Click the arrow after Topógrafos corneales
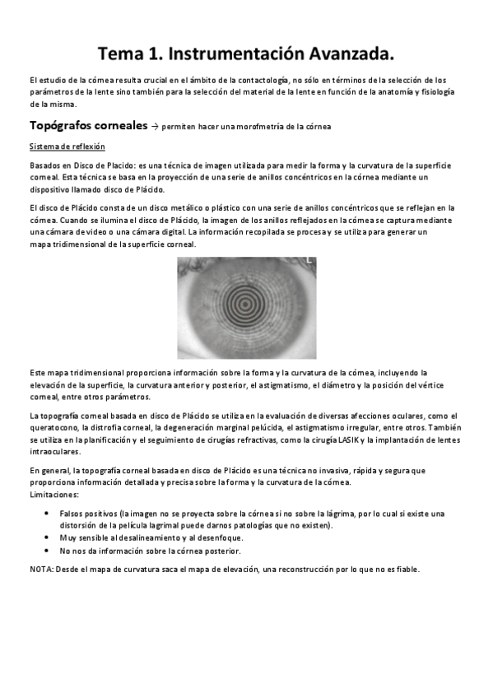[155, 127]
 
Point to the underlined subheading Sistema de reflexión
[67, 147]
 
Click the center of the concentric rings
[246, 305]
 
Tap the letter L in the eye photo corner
[309, 262]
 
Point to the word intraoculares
[54, 453]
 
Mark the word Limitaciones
[53, 495]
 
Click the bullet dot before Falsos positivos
[46, 513]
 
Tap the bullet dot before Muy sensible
[46, 537]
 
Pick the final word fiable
[407, 569]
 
